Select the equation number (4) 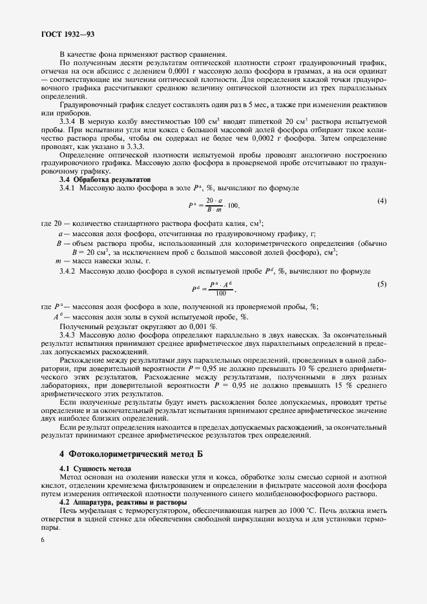(x=382, y=201)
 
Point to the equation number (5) (x=382, y=285)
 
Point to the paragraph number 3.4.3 (x=68, y=336)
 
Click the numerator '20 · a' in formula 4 (x=215, y=200)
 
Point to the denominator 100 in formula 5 (x=221, y=292)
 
